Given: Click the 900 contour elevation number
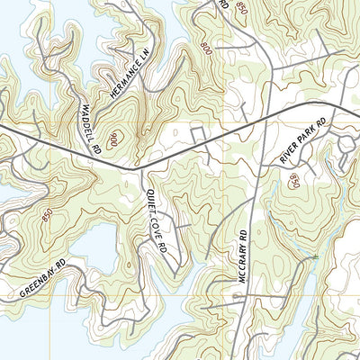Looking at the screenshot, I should [114, 139].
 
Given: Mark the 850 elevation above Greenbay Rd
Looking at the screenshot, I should [46, 213].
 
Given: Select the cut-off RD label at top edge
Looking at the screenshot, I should [223, 4].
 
